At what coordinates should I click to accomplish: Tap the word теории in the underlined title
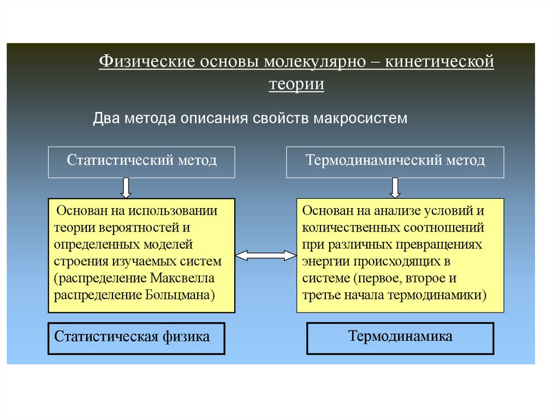296,85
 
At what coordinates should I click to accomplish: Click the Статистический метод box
142,161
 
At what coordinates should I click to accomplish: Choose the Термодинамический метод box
395,161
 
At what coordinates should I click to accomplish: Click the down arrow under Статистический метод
126,187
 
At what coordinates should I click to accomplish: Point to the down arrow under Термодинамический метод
395,187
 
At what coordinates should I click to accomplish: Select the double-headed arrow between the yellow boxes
266,255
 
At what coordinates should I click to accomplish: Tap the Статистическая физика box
137,337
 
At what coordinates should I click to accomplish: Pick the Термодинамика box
400,337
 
